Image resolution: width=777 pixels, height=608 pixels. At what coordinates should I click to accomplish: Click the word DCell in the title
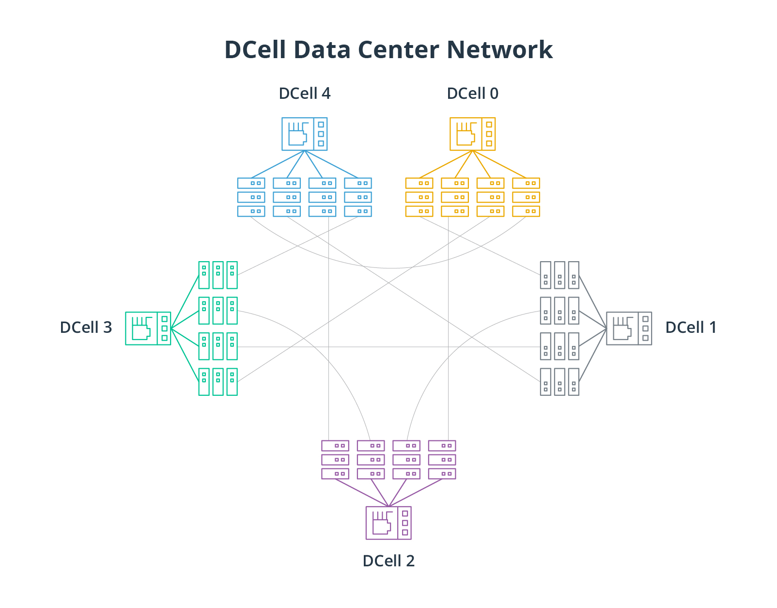coord(255,49)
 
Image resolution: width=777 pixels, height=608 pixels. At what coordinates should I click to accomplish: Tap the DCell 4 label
coord(304,93)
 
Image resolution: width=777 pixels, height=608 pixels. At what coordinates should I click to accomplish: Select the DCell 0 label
coord(472,93)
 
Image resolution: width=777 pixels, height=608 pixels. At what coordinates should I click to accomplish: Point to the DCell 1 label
coord(690,327)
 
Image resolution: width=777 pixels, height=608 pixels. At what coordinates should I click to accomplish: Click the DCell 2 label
coord(388,561)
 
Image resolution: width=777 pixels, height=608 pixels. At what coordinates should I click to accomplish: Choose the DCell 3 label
coord(86,327)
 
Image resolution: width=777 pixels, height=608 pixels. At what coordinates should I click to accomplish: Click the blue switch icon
coord(304,134)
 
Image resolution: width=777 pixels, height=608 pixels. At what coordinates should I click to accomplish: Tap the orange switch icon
coord(472,134)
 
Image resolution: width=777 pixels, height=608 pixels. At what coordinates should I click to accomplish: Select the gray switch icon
coord(629,328)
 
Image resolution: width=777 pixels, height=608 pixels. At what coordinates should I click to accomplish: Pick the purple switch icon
coord(388,523)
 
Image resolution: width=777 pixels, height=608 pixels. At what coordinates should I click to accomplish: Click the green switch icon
coord(148,328)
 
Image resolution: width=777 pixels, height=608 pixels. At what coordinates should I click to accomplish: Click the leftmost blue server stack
coord(251,197)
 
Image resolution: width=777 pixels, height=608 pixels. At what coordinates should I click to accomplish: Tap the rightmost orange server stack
coord(526,197)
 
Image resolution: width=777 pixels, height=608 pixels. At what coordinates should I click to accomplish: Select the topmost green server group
coord(218,275)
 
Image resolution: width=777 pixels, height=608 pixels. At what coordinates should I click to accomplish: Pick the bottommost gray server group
coord(559,382)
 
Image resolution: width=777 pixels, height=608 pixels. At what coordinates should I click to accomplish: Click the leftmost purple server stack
coord(335,459)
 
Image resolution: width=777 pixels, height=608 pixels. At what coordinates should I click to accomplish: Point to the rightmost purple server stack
coord(442,459)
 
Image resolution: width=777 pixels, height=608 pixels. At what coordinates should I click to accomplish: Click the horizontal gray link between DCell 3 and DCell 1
coord(388,347)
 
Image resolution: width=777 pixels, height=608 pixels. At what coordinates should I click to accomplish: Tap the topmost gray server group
coord(559,275)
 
